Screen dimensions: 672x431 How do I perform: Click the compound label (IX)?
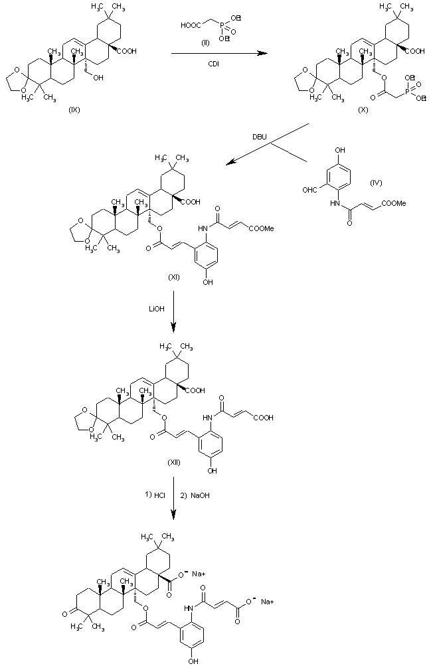[x=74, y=110]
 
